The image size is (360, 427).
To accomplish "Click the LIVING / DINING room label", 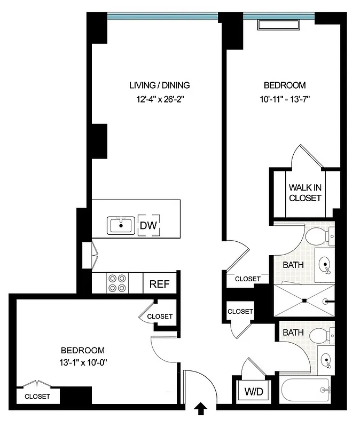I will [x=160, y=85].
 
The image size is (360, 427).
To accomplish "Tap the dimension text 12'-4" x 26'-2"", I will [x=160, y=98].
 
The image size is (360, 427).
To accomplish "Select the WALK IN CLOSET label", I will [x=305, y=193].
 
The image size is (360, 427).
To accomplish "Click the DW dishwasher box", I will [x=148, y=226].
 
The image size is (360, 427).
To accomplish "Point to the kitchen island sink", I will [x=121, y=226].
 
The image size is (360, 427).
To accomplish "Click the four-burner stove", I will [x=118, y=283].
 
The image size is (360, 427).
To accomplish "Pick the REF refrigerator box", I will [x=159, y=284].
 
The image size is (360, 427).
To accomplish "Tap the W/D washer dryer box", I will [x=254, y=392].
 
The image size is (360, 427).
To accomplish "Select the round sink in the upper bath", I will [x=324, y=264].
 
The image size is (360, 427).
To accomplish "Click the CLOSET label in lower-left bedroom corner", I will [x=37, y=397].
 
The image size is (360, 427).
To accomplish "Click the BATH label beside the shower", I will [x=293, y=264].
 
